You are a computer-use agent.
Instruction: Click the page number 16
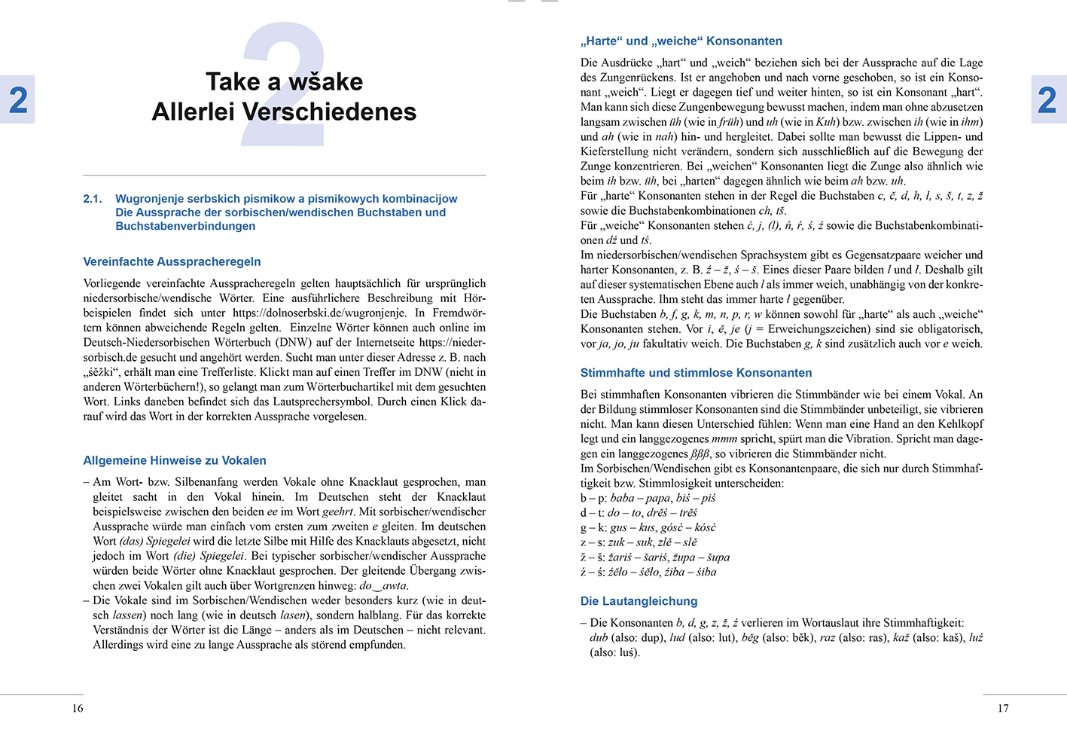click(x=78, y=708)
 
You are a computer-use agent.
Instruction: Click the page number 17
click(x=1002, y=708)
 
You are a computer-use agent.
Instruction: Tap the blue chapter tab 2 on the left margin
click(x=17, y=99)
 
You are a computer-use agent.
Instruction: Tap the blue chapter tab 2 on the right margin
click(x=1047, y=99)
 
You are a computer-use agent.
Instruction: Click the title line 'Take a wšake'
click(x=284, y=81)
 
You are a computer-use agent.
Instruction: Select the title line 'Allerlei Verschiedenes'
click(x=284, y=111)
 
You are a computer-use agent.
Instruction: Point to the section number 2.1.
click(x=93, y=199)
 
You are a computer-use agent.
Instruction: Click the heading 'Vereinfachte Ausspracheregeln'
click(x=172, y=261)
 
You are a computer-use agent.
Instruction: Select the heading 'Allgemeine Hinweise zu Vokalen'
click(x=175, y=460)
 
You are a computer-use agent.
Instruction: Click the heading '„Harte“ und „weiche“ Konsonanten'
click(x=681, y=41)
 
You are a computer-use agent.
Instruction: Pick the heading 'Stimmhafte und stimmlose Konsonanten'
click(x=696, y=373)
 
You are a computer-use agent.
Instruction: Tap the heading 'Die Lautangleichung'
click(x=639, y=601)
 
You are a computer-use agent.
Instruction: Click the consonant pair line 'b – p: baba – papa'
click(x=648, y=498)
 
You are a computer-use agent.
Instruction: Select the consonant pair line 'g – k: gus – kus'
click(x=648, y=527)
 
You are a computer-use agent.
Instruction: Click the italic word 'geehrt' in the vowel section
click(x=338, y=512)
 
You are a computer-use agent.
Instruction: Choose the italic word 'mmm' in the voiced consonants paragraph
click(x=724, y=439)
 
